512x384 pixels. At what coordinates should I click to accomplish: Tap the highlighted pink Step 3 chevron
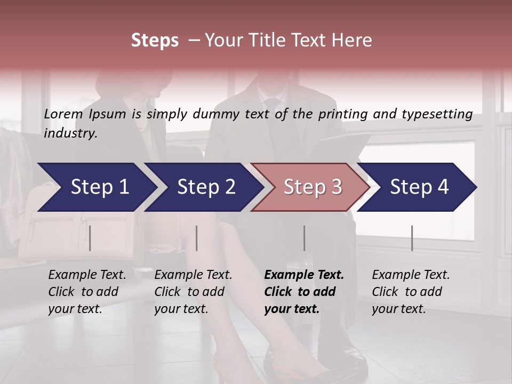point(312,187)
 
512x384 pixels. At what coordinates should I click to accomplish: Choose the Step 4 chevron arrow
point(419,187)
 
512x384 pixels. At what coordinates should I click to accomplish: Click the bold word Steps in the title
point(155,41)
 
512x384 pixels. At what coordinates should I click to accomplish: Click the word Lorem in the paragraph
point(63,114)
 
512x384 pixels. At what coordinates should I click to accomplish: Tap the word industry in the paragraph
point(70,133)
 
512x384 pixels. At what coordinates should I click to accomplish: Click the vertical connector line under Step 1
point(90,238)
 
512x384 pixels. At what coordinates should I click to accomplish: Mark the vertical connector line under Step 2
point(197,238)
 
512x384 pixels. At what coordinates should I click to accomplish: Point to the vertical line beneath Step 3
point(304,238)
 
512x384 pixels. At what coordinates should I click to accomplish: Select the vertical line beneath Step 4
point(412,238)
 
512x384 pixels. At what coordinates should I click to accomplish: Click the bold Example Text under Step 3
point(304,275)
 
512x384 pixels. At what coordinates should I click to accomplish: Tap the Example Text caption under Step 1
point(87,275)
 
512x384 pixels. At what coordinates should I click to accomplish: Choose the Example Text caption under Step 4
point(411,275)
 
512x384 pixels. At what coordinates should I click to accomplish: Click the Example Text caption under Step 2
point(193,275)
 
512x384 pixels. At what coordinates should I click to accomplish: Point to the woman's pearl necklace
point(142,124)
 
